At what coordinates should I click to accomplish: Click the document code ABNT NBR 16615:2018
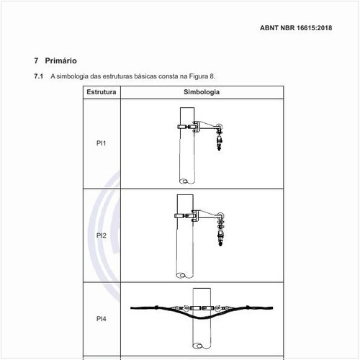pos(296,28)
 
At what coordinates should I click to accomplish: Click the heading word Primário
pos(60,60)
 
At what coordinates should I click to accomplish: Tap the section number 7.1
pos(38,76)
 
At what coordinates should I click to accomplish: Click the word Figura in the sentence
pos(199,76)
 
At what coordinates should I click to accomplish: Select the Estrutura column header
pos(102,92)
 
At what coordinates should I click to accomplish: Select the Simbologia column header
pos(202,92)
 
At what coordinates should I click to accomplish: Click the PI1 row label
pos(101,143)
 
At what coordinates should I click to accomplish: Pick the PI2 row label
pos(102,235)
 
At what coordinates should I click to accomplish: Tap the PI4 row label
pos(102,319)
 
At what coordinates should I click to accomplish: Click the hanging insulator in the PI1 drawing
pos(220,143)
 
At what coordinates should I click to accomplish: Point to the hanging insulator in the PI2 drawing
pos(220,238)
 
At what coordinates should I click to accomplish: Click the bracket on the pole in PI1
pos(197,127)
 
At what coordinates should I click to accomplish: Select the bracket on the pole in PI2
pos(196,215)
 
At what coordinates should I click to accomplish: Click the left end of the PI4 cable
pos(131,308)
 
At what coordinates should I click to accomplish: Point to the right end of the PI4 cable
pos(272,307)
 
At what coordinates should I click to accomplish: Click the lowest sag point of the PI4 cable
pos(201,318)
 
